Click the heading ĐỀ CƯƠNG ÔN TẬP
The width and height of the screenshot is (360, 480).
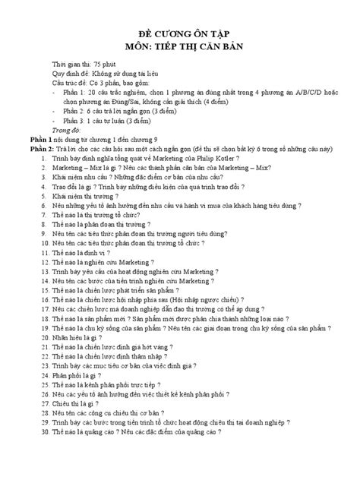181,36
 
